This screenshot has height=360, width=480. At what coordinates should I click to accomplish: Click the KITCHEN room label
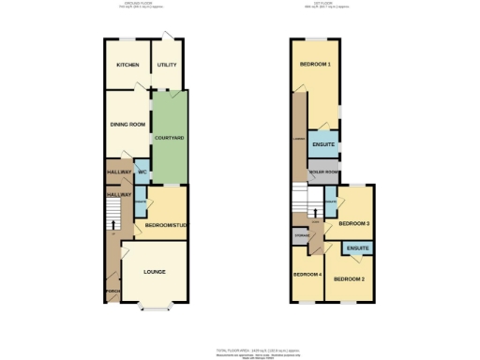127,65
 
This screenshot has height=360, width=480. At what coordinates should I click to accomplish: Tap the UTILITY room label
167,65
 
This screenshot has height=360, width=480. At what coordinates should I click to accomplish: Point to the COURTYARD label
169,139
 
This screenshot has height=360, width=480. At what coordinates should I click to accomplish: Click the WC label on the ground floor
142,173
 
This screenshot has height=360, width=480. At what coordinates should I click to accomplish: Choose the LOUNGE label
155,272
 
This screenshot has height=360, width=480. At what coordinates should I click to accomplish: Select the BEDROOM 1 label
315,65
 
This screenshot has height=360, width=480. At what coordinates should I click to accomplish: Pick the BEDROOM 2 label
348,279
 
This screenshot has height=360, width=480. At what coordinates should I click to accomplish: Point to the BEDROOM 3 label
353,223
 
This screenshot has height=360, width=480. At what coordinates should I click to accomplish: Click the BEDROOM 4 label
307,275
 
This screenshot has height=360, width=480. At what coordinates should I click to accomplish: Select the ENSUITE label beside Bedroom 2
357,247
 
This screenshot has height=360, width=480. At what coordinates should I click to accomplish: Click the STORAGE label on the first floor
302,236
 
